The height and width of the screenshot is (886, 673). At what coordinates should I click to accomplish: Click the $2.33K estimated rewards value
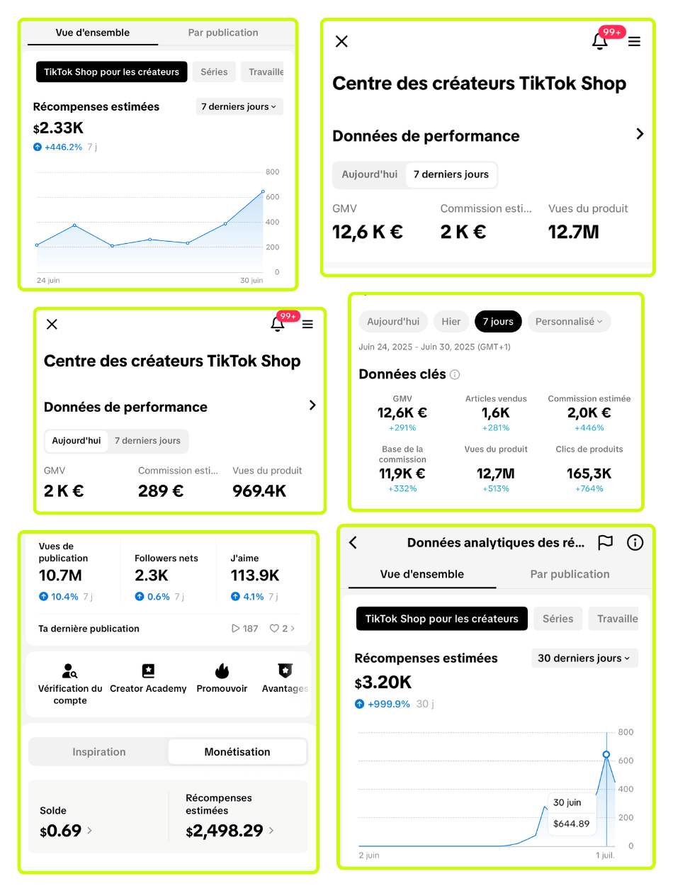[x=59, y=128]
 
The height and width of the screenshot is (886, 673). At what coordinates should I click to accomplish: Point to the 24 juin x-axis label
[x=48, y=281]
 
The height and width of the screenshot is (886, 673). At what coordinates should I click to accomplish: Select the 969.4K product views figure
[x=259, y=490]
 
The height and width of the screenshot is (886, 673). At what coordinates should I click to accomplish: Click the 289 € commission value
[x=161, y=490]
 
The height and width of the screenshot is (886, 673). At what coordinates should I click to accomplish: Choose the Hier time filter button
[x=451, y=322]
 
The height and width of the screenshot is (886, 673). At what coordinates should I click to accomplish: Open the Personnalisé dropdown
[x=569, y=322]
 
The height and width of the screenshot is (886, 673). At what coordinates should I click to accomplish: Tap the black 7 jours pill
[x=498, y=322]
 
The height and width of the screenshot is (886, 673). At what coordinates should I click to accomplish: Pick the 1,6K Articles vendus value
[x=496, y=413]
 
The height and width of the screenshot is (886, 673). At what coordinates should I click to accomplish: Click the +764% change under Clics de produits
[x=589, y=488]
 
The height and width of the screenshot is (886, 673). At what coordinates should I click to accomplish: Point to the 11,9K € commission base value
[x=402, y=473]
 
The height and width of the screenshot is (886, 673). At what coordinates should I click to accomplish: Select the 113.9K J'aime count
[x=255, y=576]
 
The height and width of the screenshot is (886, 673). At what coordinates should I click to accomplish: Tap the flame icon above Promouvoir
[x=222, y=671]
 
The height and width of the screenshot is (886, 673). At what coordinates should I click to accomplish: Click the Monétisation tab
[x=237, y=752]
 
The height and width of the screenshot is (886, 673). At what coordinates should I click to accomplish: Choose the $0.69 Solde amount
[x=61, y=830]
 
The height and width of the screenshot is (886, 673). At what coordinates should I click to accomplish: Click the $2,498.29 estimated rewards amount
[x=225, y=831]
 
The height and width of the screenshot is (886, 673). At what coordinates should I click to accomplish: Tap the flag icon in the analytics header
[x=604, y=543]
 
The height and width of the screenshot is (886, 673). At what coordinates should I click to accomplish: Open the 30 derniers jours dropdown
[x=584, y=658]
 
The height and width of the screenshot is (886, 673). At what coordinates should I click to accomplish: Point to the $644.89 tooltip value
[x=571, y=824]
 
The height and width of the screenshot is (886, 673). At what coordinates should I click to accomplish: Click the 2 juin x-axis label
[x=368, y=856]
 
